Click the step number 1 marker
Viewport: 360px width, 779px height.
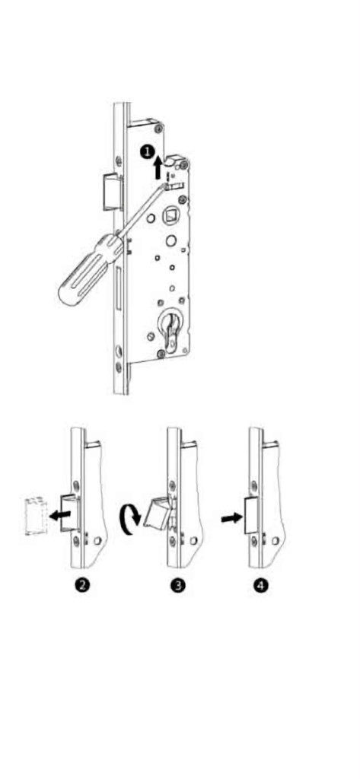(x=147, y=152)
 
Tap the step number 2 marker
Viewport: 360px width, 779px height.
(x=82, y=585)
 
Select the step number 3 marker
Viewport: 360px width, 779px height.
(x=179, y=585)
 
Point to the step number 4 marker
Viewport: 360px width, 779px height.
(x=261, y=585)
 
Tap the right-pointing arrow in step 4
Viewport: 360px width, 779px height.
(x=231, y=519)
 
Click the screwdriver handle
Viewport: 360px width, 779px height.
(x=90, y=269)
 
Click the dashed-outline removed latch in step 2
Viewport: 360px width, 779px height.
(x=35, y=515)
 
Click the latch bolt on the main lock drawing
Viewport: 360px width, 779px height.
(x=110, y=192)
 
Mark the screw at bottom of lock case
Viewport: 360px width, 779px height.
(x=161, y=354)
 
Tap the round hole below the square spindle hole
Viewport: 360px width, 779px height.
(x=170, y=241)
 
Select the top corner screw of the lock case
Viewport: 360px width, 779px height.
(x=158, y=129)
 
